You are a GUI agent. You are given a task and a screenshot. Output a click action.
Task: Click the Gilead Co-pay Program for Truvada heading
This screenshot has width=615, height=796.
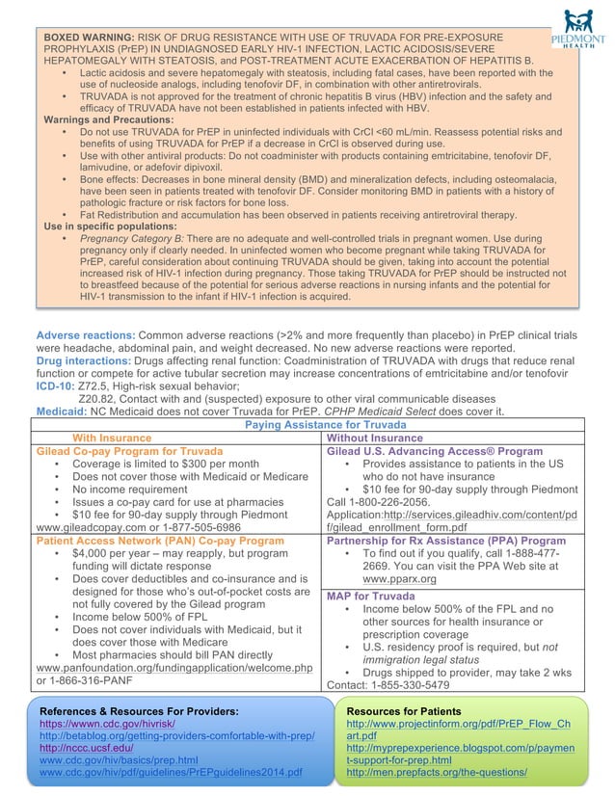129,450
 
